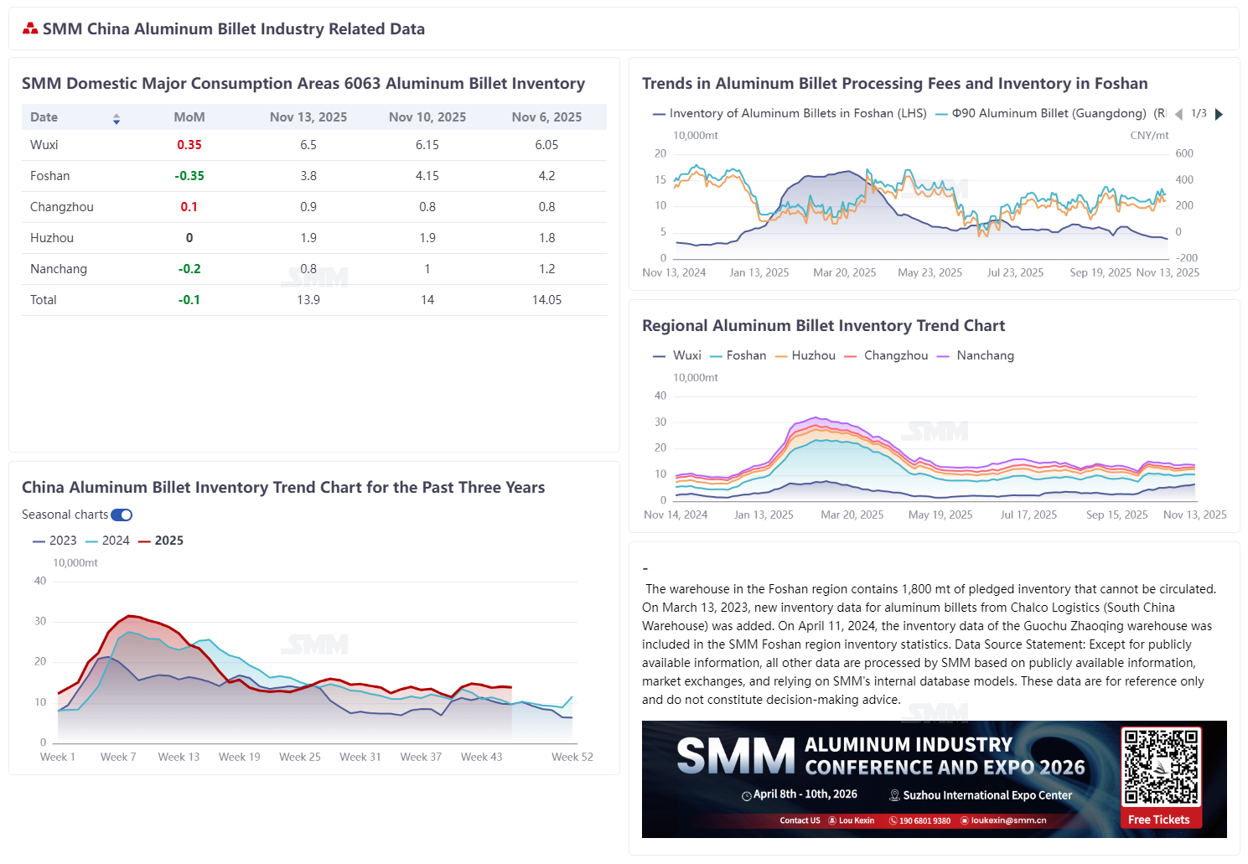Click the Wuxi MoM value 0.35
[x=189, y=145]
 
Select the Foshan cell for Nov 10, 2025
[x=427, y=176]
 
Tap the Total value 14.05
[x=546, y=300]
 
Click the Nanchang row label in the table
[x=59, y=269]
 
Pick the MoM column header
[x=189, y=117]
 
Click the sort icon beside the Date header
[x=117, y=118]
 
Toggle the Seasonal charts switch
[x=122, y=515]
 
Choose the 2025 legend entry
[x=161, y=541]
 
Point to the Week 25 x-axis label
[x=300, y=757]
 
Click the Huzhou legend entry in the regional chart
[x=805, y=355]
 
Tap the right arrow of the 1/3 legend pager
[x=1220, y=114]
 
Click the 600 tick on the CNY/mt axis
[x=1184, y=153]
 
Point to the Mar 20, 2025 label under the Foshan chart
[x=845, y=272]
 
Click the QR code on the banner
[x=1161, y=766]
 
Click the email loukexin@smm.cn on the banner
[x=1008, y=820]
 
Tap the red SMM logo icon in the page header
[x=31, y=29]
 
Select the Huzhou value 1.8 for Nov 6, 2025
[x=546, y=238]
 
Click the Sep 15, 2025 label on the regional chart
[x=1116, y=515]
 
